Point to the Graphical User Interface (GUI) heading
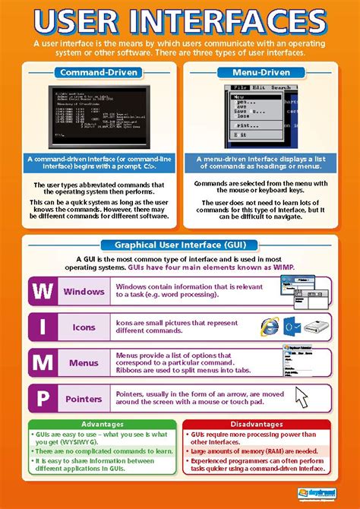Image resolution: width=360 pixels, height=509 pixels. [x=180, y=245]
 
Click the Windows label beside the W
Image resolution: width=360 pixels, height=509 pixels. [x=84, y=292]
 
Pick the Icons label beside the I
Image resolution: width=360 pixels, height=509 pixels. [x=84, y=327]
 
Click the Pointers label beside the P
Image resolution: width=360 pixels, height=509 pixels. [x=84, y=398]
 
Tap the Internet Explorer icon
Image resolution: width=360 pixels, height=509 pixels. [x=269, y=327]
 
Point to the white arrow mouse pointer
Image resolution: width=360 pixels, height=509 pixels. [x=302, y=397]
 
